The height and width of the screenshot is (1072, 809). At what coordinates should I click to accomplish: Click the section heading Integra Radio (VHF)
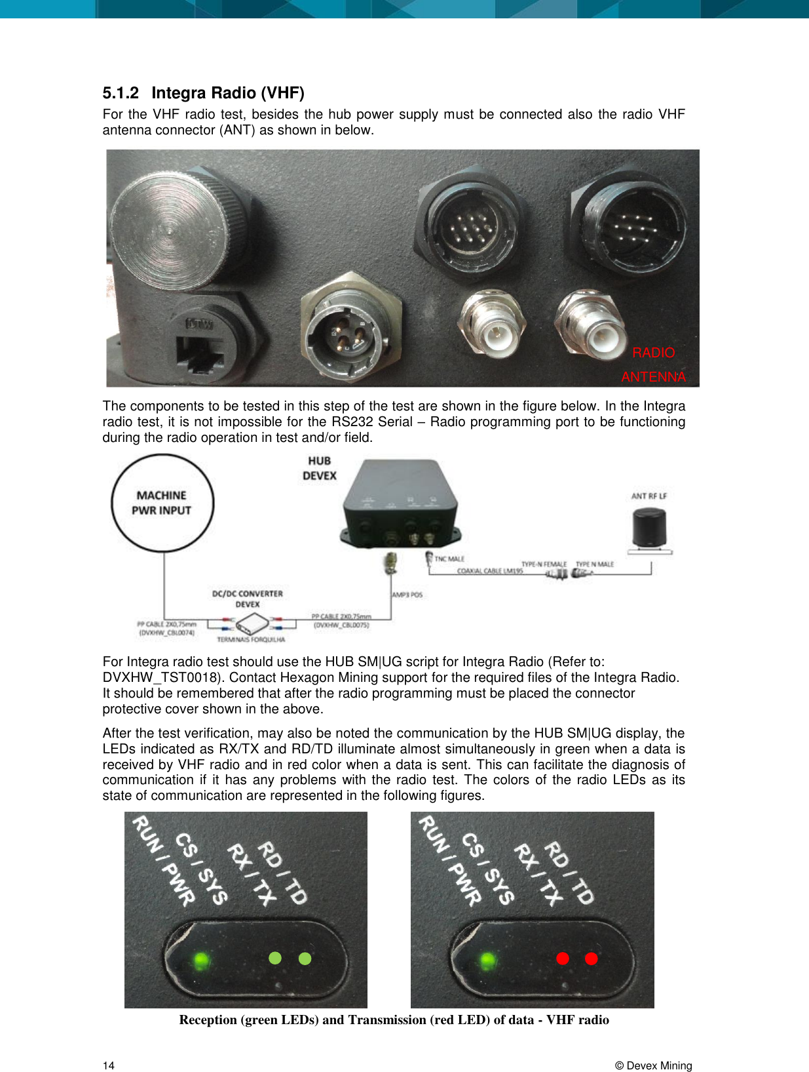(227, 93)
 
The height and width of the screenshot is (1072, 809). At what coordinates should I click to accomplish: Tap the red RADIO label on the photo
(653, 353)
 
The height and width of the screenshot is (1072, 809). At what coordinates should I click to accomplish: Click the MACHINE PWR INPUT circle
(162, 503)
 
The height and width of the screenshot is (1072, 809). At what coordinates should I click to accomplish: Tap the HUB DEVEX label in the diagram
(320, 468)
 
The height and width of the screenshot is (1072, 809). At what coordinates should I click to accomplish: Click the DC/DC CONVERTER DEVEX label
(248, 599)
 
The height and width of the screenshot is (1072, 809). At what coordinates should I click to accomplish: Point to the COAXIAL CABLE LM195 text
(490, 571)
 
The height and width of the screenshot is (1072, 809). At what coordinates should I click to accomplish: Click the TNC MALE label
(449, 559)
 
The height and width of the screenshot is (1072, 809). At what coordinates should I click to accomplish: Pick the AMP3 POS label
(407, 595)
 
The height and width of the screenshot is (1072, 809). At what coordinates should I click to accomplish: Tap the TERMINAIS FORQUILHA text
(251, 639)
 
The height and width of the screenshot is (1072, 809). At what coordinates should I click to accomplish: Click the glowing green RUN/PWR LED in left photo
(201, 961)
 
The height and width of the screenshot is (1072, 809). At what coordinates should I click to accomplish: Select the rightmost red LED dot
(591, 959)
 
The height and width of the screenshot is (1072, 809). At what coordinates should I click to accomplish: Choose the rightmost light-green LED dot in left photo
(305, 959)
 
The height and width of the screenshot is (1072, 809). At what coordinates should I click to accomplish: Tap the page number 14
(109, 1065)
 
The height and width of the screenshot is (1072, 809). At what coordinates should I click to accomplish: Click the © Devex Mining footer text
(653, 1065)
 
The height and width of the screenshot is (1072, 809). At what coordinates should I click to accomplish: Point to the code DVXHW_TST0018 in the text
(163, 677)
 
